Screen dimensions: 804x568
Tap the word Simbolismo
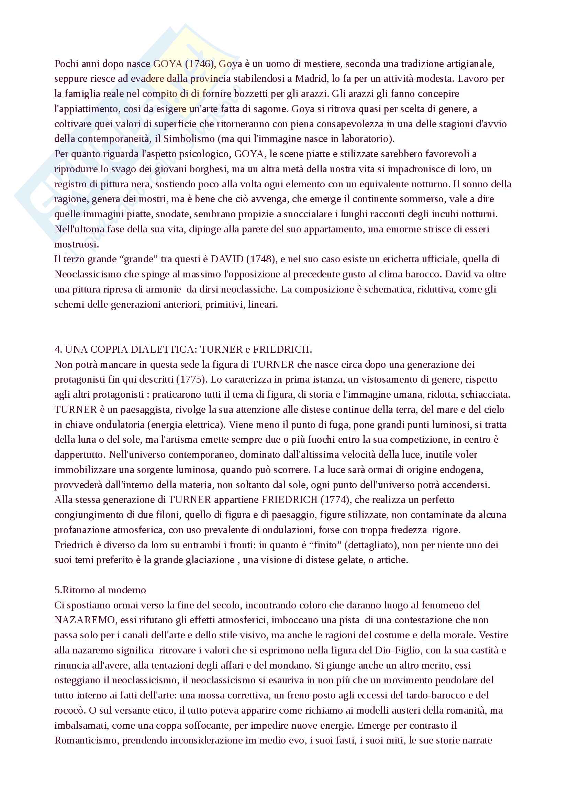click(189, 139)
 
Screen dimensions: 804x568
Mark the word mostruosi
click(76, 244)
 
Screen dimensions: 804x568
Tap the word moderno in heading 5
click(127, 590)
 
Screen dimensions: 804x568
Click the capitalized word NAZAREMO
click(85, 620)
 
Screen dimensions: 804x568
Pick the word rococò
click(69, 711)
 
